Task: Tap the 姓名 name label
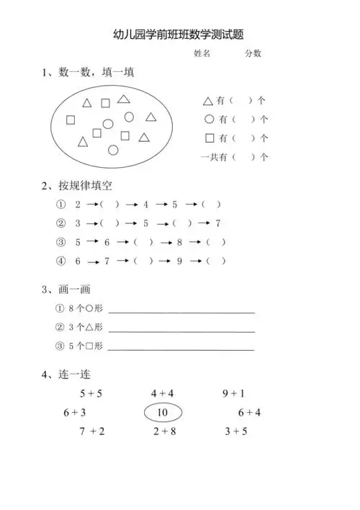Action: pos(202,53)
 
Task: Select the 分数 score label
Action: pos(253,53)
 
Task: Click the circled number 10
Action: pos(163,413)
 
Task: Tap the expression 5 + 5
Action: pos(91,393)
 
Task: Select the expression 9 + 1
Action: pos(234,393)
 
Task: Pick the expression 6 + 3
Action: pos(75,412)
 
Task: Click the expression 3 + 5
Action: pos(236,431)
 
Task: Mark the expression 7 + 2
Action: pos(92,431)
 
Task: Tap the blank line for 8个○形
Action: pos(181,312)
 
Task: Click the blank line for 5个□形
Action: pos(181,349)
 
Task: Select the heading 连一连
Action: pos(75,375)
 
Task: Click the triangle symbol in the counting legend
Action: pos(208,102)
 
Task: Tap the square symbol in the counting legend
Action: pos(210,138)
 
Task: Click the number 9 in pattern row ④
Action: pos(179,261)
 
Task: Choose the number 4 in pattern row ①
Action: pos(145,205)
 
